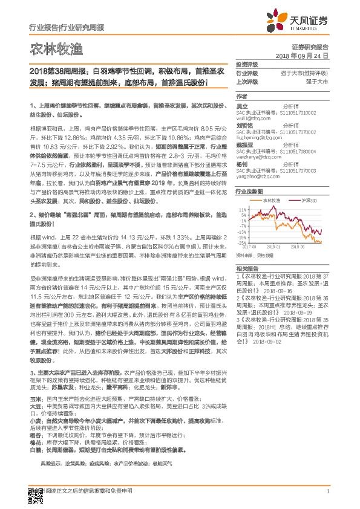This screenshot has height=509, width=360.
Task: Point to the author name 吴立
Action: (x=241, y=105)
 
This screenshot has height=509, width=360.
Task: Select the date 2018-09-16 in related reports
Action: (x=278, y=291)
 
